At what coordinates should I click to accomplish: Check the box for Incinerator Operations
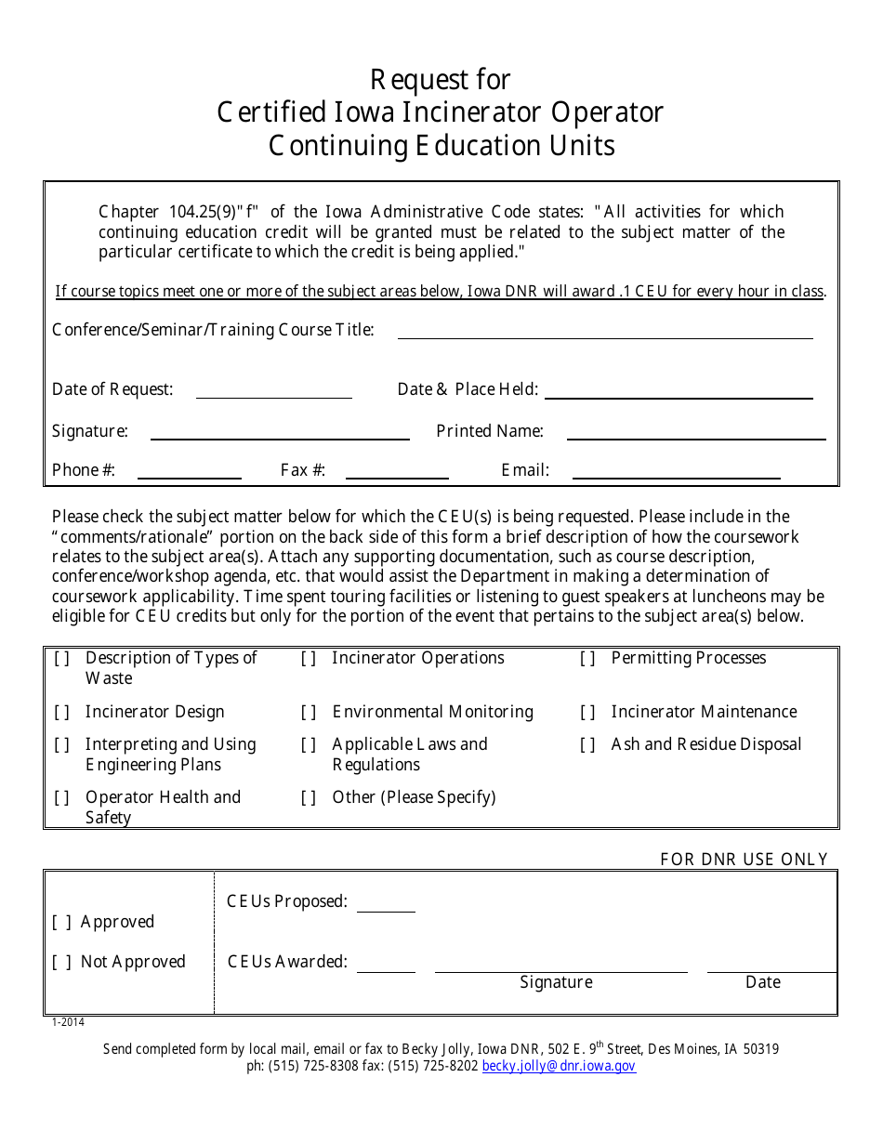[309, 659]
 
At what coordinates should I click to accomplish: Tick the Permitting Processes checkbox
[587, 659]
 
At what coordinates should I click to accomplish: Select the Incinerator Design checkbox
[62, 713]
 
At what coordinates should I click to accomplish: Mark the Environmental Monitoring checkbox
[309, 713]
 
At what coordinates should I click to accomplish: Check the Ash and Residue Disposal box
[587, 745]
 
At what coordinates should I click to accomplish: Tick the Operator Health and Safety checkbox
[62, 798]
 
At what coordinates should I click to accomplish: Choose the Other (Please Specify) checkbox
[309, 798]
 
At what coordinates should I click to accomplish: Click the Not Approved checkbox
[62, 963]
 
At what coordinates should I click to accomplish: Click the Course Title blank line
[604, 331]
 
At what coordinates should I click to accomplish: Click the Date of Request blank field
[273, 390]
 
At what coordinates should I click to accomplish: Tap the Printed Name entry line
[695, 432]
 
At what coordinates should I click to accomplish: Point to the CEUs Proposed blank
[386, 904]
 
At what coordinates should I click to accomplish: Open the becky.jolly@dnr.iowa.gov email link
[559, 1067]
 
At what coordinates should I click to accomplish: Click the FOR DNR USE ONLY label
[744, 860]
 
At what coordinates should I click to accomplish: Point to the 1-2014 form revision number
[68, 1022]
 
